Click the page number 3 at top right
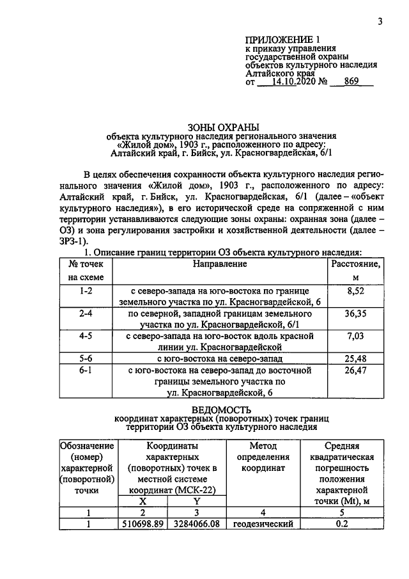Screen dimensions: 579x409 tap(380, 21)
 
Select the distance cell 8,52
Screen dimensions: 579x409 tap(353, 290)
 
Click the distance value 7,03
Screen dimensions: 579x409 tap(354, 335)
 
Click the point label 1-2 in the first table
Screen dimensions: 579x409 tap(86, 290)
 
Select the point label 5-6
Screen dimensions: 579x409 tap(86, 358)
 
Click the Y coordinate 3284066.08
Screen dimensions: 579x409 tap(197, 523)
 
